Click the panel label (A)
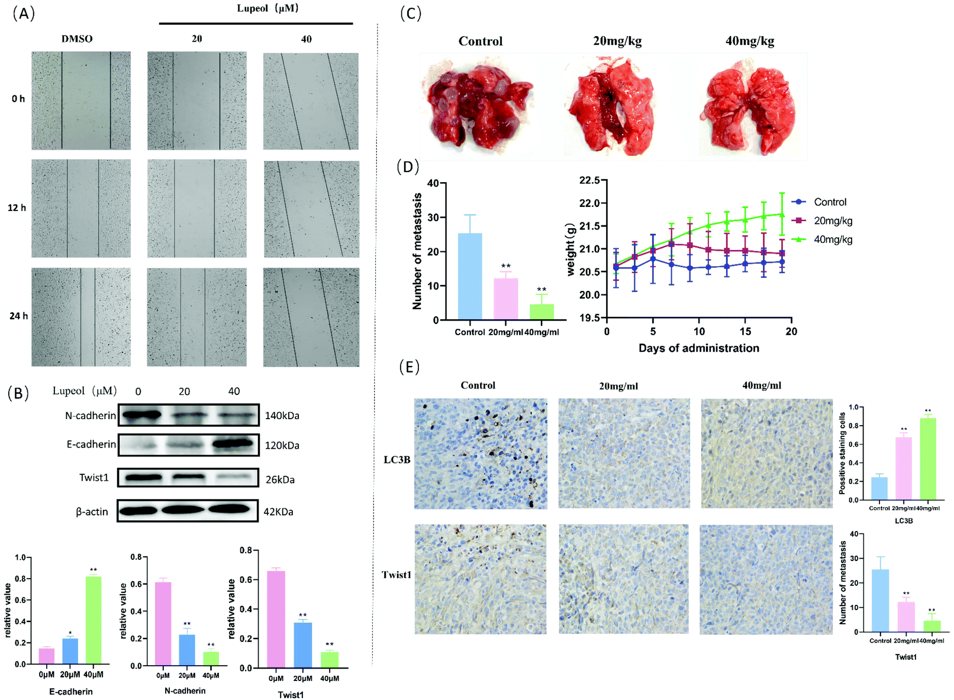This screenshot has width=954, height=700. click(24, 14)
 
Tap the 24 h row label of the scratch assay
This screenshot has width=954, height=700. click(18, 316)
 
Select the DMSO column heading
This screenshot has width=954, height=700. click(77, 39)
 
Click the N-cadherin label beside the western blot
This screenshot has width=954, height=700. click(91, 416)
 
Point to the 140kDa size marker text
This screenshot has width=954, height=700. click(282, 416)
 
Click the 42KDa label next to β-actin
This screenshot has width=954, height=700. click(278, 511)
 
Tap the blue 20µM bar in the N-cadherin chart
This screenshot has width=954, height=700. click(187, 650)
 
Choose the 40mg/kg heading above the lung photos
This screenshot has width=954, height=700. click(749, 41)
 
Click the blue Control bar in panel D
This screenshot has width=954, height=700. click(470, 276)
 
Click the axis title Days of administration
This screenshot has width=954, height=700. click(698, 348)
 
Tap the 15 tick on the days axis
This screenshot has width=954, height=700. click(745, 332)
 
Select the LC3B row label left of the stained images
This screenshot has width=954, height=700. click(397, 459)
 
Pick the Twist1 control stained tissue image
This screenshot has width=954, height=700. click(480, 579)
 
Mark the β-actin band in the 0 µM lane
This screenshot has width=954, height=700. click(140, 510)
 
